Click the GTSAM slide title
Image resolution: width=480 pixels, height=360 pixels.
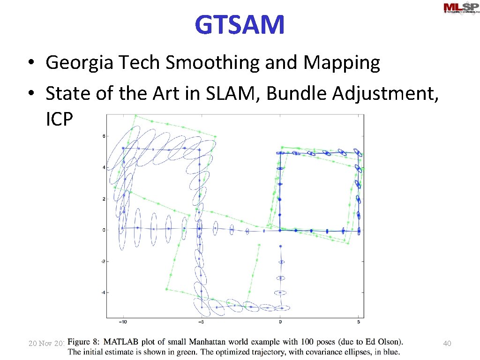(x=240, y=25)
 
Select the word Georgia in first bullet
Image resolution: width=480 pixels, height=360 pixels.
(x=79, y=62)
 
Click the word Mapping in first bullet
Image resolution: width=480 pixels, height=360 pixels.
(x=341, y=62)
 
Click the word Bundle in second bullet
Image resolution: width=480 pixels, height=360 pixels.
(x=298, y=93)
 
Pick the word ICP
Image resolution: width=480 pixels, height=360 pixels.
(x=60, y=120)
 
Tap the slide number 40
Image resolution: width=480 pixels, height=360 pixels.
(x=447, y=344)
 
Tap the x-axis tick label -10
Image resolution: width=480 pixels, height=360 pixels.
(x=123, y=322)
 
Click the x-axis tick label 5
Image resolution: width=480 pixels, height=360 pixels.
(x=359, y=322)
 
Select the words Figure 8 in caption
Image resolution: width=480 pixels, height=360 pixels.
(x=85, y=342)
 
